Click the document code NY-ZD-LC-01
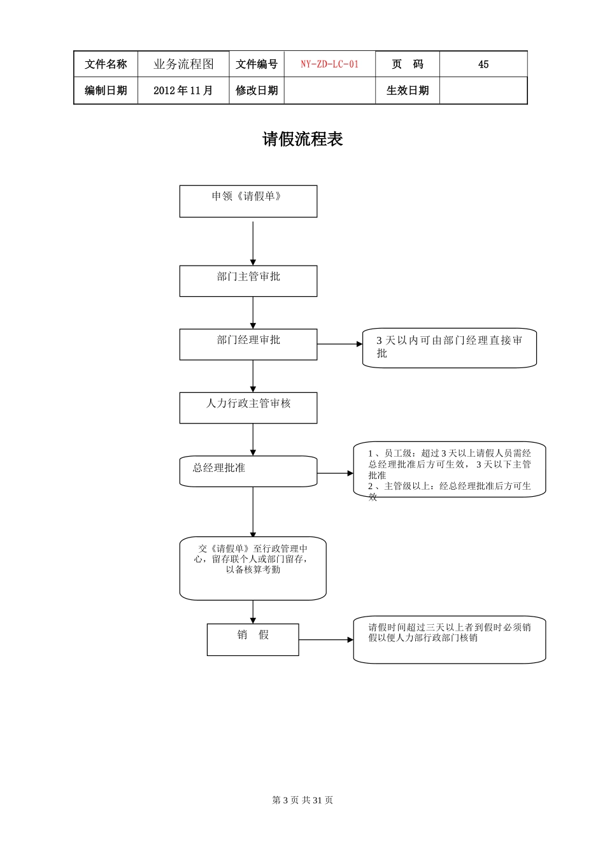click(x=329, y=64)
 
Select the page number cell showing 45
click(x=483, y=64)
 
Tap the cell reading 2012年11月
click(x=183, y=90)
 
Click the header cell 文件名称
click(x=106, y=64)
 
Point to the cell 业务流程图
click(x=183, y=64)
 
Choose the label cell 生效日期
click(x=408, y=90)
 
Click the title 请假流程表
click(x=302, y=139)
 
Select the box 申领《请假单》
click(x=248, y=201)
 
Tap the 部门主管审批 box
click(x=248, y=281)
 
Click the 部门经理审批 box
click(x=248, y=345)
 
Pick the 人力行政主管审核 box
click(x=248, y=408)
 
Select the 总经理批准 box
click(x=248, y=471)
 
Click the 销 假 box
click(x=253, y=639)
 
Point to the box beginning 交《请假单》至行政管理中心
click(x=253, y=568)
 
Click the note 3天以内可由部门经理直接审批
click(x=450, y=348)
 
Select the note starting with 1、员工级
click(x=450, y=469)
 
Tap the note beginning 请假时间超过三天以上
click(x=450, y=639)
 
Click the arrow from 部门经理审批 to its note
click(x=339, y=344)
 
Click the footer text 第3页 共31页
click(x=302, y=800)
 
